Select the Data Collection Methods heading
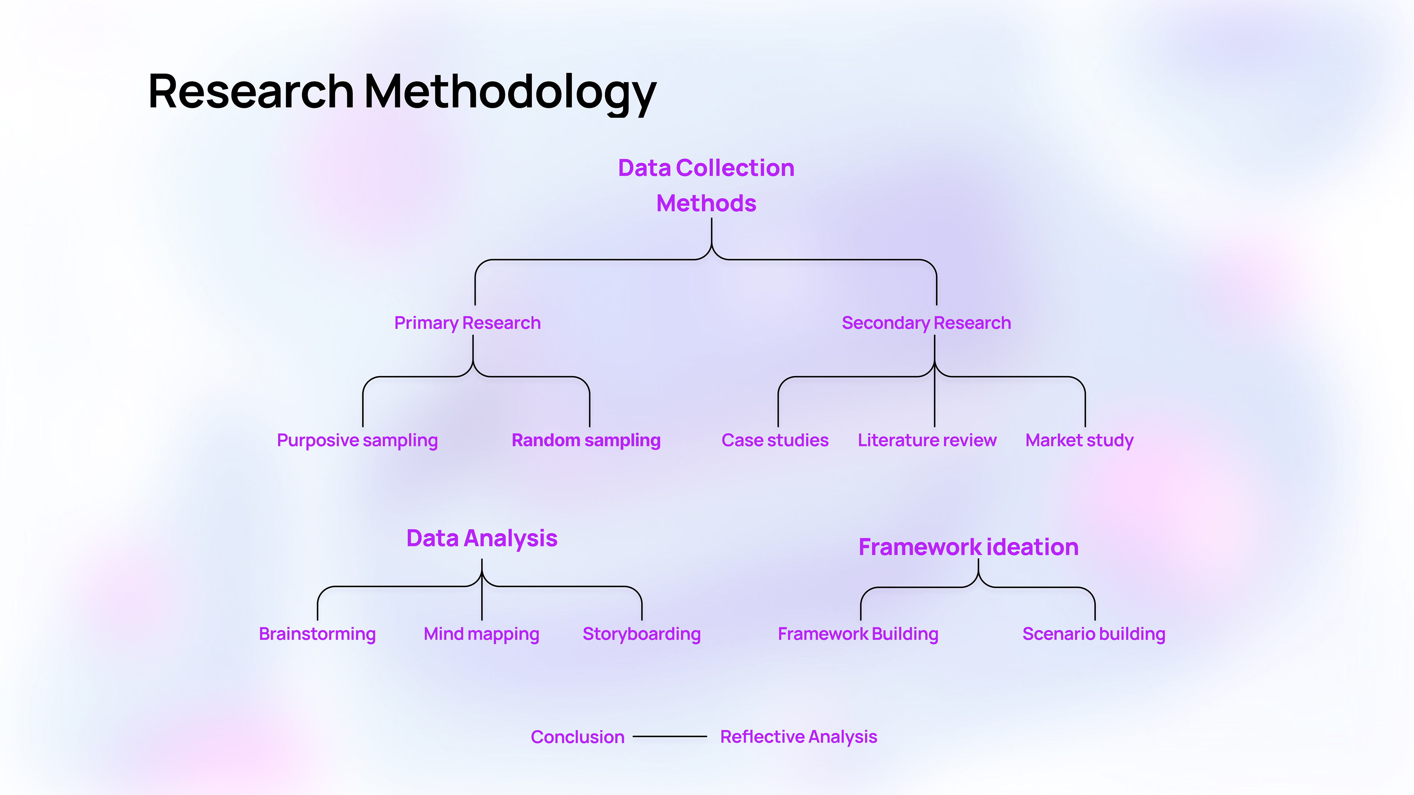coord(706,185)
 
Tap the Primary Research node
coord(467,323)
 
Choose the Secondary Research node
coord(926,323)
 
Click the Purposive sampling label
coord(357,441)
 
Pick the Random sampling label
coord(586,441)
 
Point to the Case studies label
coord(774,441)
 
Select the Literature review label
coord(926,441)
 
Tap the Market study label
coord(1079,441)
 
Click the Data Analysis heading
coord(481,538)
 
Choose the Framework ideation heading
coord(968,547)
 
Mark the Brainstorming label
coord(317,634)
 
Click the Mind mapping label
coord(481,634)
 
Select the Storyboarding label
coord(641,634)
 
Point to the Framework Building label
coord(858,634)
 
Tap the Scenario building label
coord(1093,634)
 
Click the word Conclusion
coord(577,737)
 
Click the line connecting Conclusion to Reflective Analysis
coord(670,736)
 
